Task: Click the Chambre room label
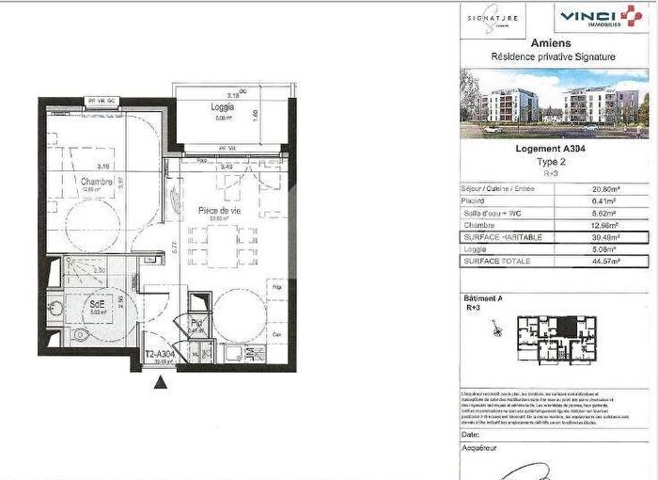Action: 97,182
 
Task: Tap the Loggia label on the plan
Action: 222,107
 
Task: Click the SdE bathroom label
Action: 97,305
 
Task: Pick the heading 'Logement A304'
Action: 554,148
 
